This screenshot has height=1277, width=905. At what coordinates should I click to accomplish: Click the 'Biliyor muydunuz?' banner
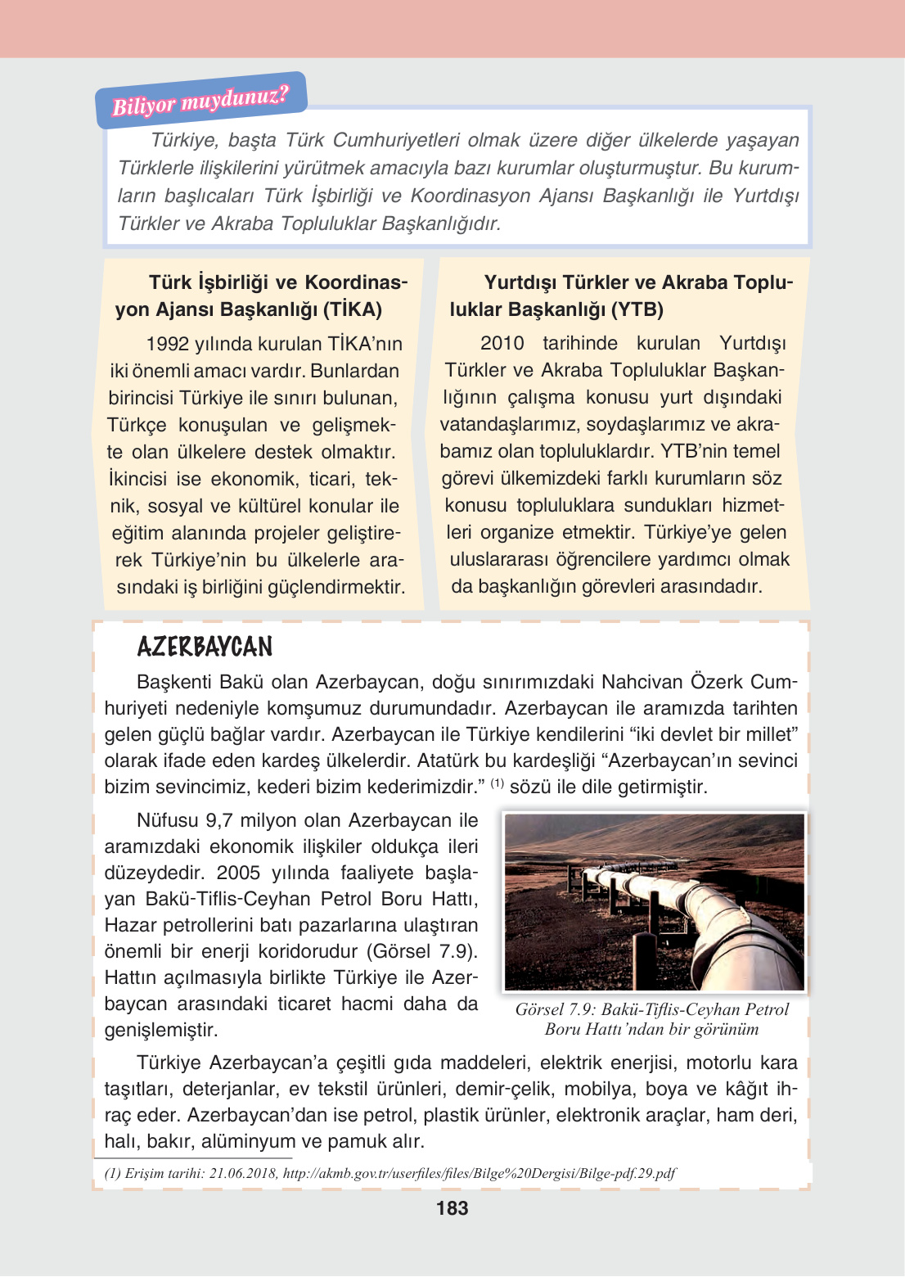[x=200, y=101]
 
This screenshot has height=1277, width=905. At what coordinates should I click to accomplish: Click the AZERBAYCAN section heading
[x=205, y=648]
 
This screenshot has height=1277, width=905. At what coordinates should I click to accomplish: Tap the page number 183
[x=452, y=1208]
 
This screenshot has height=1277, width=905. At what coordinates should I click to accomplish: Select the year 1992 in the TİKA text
[x=167, y=344]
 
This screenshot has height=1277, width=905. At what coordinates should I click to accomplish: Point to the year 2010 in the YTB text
[x=502, y=343]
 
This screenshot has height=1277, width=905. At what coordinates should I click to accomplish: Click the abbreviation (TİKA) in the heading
[x=353, y=309]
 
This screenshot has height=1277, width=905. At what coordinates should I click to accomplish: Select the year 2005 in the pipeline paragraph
[x=238, y=873]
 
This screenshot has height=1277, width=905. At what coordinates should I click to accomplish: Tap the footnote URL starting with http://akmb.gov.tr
[x=479, y=1173]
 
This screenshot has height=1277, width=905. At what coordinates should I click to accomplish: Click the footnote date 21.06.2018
[x=242, y=1173]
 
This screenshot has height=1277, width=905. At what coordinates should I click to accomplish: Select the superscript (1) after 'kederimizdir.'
[x=497, y=783]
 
